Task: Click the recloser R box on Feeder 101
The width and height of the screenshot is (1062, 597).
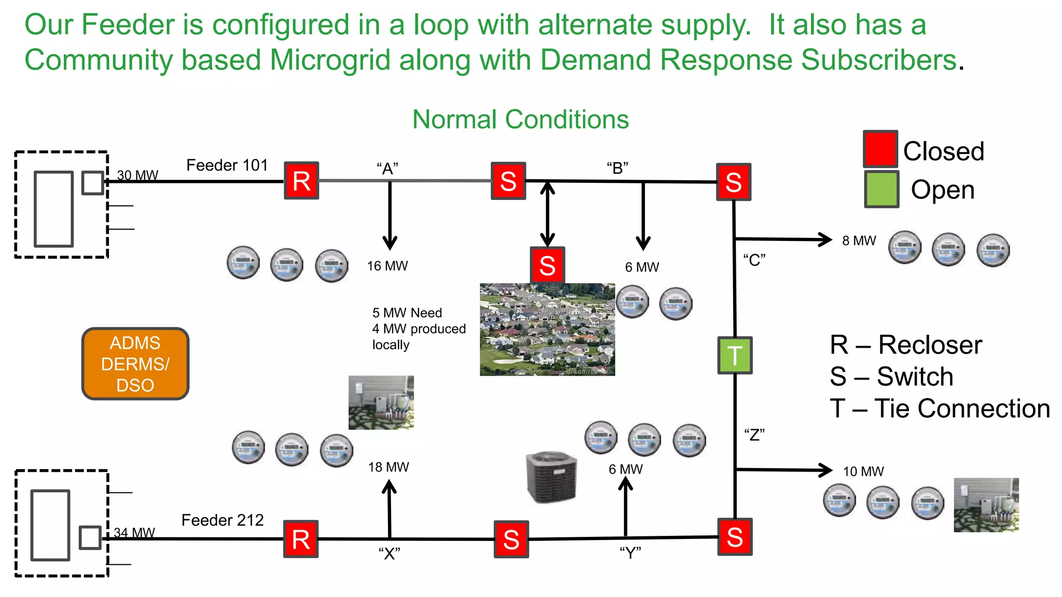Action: (301, 180)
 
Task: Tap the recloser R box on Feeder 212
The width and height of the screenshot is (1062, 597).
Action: (301, 539)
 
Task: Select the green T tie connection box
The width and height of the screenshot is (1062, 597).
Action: (735, 356)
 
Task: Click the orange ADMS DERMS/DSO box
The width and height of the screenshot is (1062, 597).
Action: (135, 364)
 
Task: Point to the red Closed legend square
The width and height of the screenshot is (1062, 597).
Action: (880, 149)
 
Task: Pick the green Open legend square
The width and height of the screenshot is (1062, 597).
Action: (881, 189)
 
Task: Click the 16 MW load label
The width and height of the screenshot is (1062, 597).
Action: (387, 266)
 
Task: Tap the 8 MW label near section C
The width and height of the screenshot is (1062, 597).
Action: (859, 241)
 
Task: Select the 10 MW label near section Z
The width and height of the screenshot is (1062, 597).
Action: (863, 472)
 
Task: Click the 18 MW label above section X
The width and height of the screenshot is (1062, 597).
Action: (388, 467)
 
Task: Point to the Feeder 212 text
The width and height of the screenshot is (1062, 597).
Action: (222, 520)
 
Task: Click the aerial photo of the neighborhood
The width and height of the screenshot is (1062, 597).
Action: (547, 329)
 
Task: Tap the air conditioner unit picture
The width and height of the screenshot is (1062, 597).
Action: (551, 477)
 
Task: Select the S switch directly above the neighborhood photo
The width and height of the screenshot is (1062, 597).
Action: (548, 265)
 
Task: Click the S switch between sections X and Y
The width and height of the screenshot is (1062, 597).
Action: (511, 539)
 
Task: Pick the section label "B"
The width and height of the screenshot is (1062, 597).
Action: (617, 168)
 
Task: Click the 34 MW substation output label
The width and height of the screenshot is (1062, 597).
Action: (134, 533)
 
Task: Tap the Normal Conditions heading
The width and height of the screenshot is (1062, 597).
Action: (520, 120)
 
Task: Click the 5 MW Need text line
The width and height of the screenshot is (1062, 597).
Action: (407, 313)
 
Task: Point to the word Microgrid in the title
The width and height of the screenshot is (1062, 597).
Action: (330, 60)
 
